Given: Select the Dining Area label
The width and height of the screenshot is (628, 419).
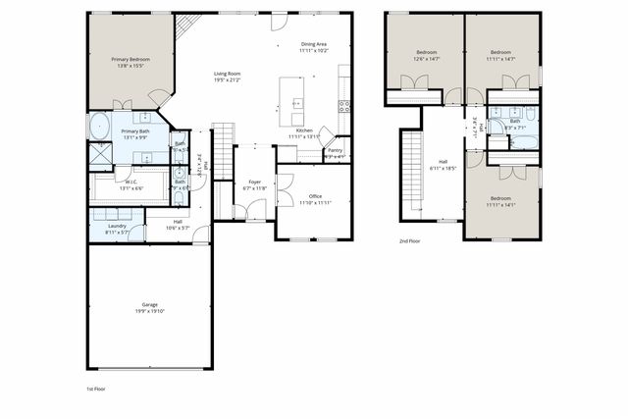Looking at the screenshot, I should (x=314, y=45).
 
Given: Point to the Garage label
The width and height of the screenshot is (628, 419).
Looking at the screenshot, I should (x=149, y=305).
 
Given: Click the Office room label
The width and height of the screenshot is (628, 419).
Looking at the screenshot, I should (x=315, y=196).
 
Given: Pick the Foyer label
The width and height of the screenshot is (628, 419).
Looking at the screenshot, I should (x=255, y=182).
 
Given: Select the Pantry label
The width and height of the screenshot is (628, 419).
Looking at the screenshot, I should (x=335, y=150).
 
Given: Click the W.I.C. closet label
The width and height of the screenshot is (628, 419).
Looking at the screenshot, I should (x=131, y=182).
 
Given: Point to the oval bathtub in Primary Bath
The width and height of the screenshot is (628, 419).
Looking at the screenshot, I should (x=99, y=126).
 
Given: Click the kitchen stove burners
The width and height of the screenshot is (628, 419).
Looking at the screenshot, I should (x=344, y=106).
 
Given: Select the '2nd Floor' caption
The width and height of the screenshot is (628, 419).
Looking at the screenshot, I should (x=410, y=240).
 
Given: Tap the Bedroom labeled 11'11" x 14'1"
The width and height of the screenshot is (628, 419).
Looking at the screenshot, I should (x=501, y=201).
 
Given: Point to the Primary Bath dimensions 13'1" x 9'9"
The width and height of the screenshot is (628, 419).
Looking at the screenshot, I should (x=135, y=138).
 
